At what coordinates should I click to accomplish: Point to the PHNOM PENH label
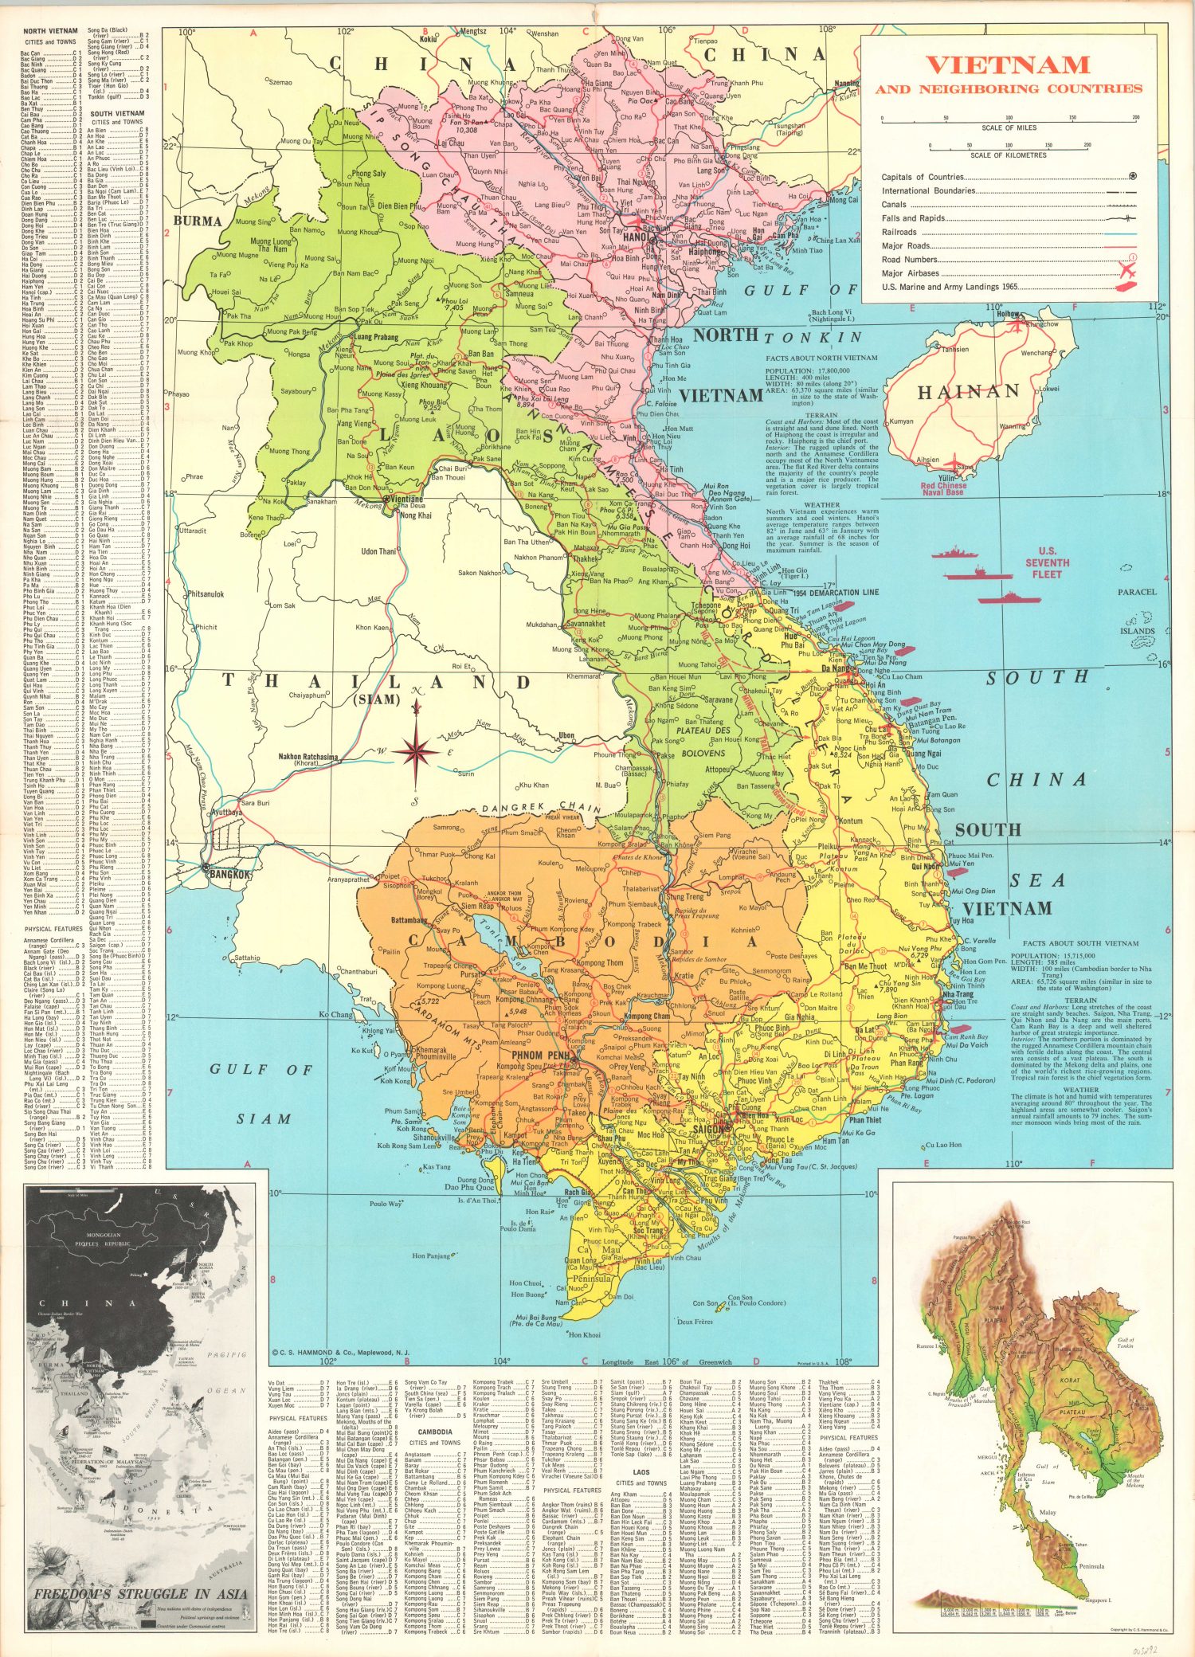(540, 1056)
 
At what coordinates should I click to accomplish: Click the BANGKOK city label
(229, 875)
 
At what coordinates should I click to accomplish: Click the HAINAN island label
(968, 392)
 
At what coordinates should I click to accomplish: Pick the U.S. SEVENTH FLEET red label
(1047, 562)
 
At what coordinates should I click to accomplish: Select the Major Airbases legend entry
(911, 273)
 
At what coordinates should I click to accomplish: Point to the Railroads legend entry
(899, 232)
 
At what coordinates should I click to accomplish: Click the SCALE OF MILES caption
(1009, 127)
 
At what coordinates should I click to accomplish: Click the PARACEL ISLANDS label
(1137, 611)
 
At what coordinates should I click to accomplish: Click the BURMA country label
(198, 221)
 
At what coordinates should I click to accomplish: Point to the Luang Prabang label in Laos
(374, 337)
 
